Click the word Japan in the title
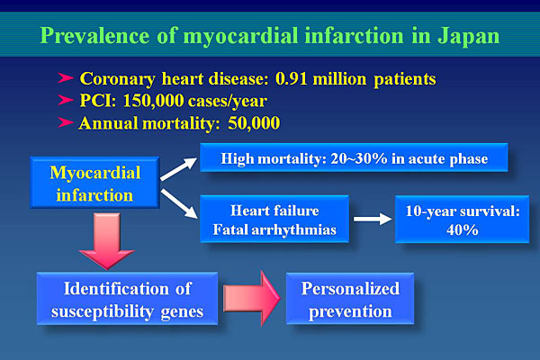pyautogui.click(x=468, y=37)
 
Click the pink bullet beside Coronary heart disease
pyautogui.click(x=66, y=78)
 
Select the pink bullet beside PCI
pyautogui.click(x=66, y=100)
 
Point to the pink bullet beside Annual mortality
pyautogui.click(x=66, y=122)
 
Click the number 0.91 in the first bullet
pyautogui.click(x=291, y=79)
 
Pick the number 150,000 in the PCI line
pyautogui.click(x=153, y=101)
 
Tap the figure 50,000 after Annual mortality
pyautogui.click(x=254, y=123)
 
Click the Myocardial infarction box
pyautogui.click(x=94, y=182)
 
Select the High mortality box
pyautogui.click(x=354, y=157)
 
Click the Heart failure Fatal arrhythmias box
pyautogui.click(x=274, y=219)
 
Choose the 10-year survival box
pyautogui.click(x=463, y=219)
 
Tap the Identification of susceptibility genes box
pyautogui.click(x=128, y=298)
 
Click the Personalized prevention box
pyautogui.click(x=350, y=299)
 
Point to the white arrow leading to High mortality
pyautogui.click(x=179, y=169)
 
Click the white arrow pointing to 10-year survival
pyautogui.click(x=373, y=219)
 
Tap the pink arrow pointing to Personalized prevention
pyautogui.click(x=252, y=298)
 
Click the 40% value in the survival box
pyautogui.click(x=463, y=229)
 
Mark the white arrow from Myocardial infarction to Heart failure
pyautogui.click(x=179, y=203)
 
